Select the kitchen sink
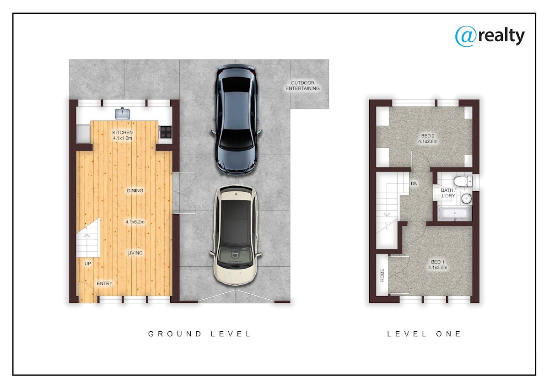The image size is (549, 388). (x=123, y=114)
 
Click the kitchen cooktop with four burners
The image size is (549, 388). (x=166, y=132)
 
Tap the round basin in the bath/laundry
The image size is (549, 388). (x=466, y=198)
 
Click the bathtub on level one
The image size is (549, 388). (x=455, y=214)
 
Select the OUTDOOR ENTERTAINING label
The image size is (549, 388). (x=303, y=86)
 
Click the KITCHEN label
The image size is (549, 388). (x=123, y=132)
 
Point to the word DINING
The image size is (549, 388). (x=135, y=190)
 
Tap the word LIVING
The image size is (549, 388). (x=135, y=253)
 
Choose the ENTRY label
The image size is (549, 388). (x=105, y=283)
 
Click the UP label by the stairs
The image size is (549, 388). (x=88, y=264)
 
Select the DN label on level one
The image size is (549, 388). (x=414, y=183)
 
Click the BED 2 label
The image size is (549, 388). (x=428, y=135)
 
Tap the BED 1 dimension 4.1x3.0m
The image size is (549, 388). (x=438, y=267)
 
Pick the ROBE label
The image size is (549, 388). (x=382, y=275)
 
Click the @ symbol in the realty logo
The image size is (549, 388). (x=466, y=36)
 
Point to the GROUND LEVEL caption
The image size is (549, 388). (x=199, y=334)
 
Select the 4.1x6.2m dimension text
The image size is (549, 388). (x=135, y=222)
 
